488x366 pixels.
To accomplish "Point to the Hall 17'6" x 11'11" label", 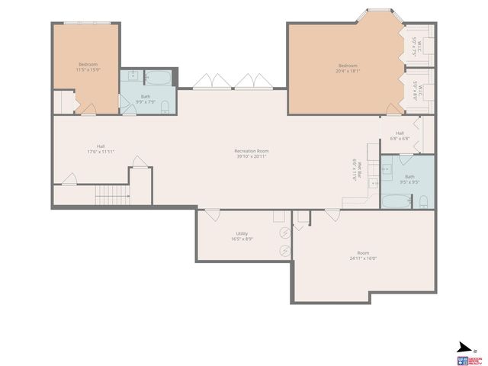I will (x=101, y=149).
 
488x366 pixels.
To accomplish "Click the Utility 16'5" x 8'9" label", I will (x=242, y=236).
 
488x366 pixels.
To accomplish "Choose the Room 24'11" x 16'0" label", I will (x=363, y=255).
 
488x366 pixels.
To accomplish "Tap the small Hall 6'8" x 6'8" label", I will (x=400, y=136).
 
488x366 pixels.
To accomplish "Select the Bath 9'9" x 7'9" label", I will (x=145, y=98).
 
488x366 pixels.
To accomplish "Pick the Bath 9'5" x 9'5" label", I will (x=409, y=178).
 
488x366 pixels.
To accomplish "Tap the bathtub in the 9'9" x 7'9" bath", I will (x=160, y=78).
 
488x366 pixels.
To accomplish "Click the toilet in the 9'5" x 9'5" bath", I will (x=423, y=201).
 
